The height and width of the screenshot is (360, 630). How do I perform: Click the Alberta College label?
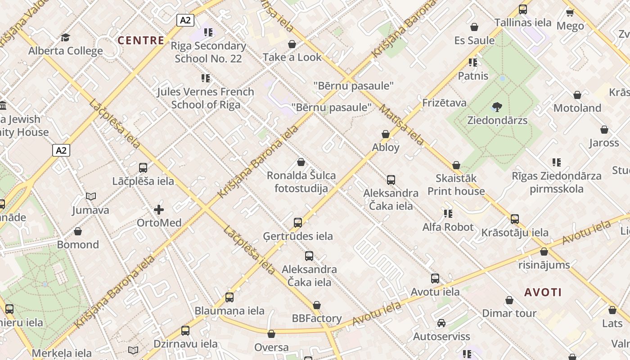point(66,51)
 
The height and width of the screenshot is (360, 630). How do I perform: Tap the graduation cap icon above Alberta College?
point(66,37)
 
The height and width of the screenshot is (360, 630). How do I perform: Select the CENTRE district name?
point(141,40)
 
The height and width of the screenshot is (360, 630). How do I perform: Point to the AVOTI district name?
point(543,292)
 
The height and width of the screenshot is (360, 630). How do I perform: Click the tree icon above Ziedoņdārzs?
point(497,107)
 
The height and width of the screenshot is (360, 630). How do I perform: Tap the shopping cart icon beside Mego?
point(570,13)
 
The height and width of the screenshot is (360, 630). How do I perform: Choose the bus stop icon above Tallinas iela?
point(523,9)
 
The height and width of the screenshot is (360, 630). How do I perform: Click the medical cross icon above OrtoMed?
point(159,210)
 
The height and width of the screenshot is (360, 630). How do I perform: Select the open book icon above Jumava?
point(91,197)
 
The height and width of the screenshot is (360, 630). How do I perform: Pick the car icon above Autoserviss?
point(441,323)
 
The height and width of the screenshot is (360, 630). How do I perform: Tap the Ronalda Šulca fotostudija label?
point(301,182)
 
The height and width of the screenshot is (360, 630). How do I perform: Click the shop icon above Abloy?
point(386,134)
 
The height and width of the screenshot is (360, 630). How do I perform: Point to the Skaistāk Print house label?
point(456,184)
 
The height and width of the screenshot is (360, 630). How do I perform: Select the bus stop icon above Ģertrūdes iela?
point(298,222)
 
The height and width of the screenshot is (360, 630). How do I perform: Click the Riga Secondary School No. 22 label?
point(208,52)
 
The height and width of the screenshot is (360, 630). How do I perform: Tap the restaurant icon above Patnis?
point(472,62)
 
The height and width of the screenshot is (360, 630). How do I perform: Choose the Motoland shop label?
point(577,108)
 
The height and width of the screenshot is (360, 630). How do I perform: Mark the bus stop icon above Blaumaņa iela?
point(229,297)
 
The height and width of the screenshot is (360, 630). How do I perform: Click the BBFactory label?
point(317,319)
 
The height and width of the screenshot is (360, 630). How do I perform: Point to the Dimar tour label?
point(509,313)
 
